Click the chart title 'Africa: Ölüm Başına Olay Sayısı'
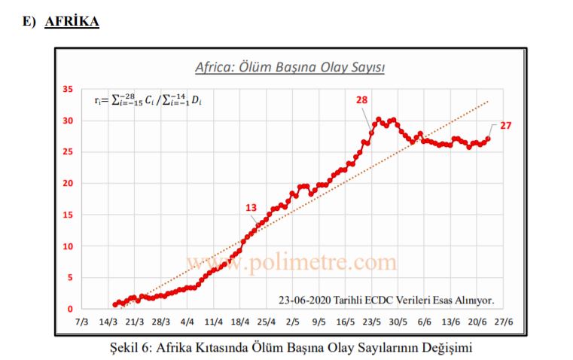[x=290, y=67]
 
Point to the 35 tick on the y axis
[x=67, y=90]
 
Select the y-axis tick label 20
[x=67, y=184]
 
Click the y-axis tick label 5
[x=69, y=278]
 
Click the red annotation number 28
[x=361, y=100]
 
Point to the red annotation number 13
[x=251, y=208]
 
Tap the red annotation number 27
[x=505, y=126]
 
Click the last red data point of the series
[x=488, y=139]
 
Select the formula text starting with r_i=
[x=148, y=99]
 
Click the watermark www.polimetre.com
[x=291, y=261]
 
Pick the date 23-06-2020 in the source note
[x=307, y=299]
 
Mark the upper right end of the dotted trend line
[x=489, y=101]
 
